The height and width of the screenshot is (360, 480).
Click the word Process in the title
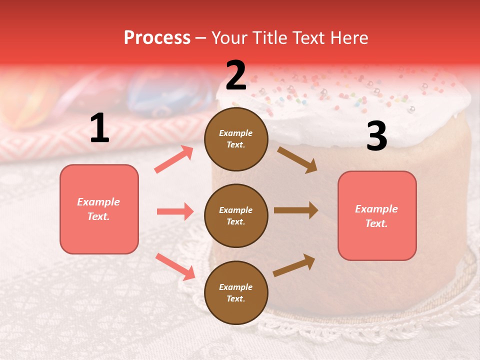(x=157, y=37)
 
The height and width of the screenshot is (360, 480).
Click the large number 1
(x=99, y=128)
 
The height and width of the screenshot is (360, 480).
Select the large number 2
(x=236, y=75)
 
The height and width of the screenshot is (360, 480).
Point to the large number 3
(x=376, y=136)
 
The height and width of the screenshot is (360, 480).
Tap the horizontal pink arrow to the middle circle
(x=175, y=211)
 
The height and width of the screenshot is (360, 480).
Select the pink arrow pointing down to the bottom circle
(x=175, y=266)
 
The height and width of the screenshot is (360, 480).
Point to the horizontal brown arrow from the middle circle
(x=296, y=210)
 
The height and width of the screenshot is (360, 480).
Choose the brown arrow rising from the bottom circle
(x=294, y=265)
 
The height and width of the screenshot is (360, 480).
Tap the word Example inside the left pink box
(x=98, y=202)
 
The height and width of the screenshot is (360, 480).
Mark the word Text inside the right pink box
(x=376, y=223)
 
